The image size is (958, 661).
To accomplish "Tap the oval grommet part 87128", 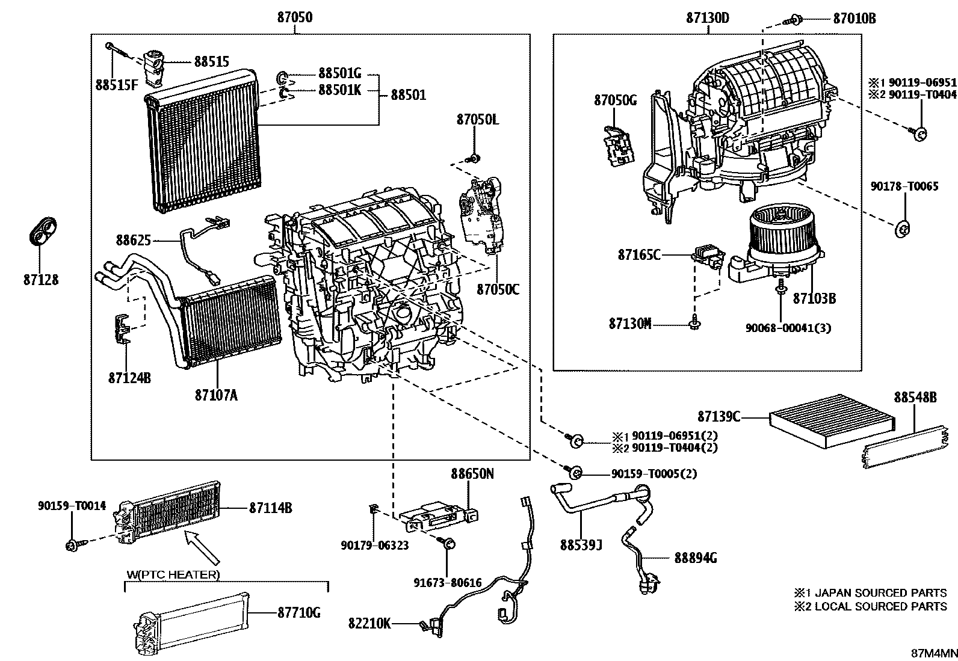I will (40, 231).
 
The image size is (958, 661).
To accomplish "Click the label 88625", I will (133, 241).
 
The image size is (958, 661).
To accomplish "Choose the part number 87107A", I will (216, 395).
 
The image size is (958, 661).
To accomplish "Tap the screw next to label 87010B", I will (795, 20).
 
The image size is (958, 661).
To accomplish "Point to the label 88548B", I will (915, 398).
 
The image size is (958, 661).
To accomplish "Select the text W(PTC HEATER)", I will (173, 574).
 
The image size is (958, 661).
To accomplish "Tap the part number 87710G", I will (298, 613).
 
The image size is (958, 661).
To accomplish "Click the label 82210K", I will (369, 623).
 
